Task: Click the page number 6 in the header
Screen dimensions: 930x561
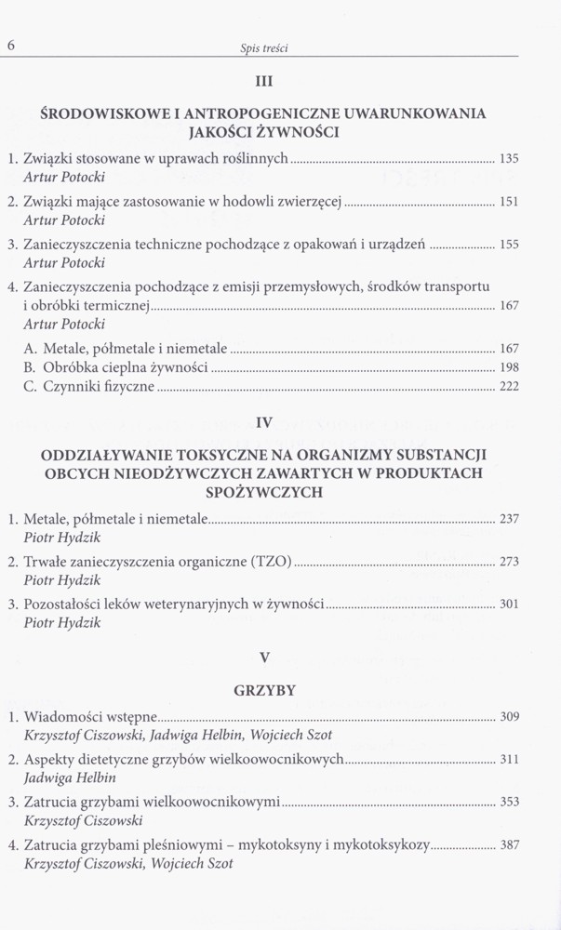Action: pos(11,46)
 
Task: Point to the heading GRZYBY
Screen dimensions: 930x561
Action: pos(265,690)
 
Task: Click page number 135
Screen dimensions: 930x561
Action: pos(509,159)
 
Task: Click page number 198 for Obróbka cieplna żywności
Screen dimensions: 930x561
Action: pos(509,367)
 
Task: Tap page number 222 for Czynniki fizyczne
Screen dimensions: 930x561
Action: pos(509,387)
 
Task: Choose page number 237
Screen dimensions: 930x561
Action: pos(509,519)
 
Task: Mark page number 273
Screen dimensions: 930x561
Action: pos(509,562)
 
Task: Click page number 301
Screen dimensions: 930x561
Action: pos(509,604)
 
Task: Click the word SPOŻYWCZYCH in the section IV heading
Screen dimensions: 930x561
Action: pos(265,492)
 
